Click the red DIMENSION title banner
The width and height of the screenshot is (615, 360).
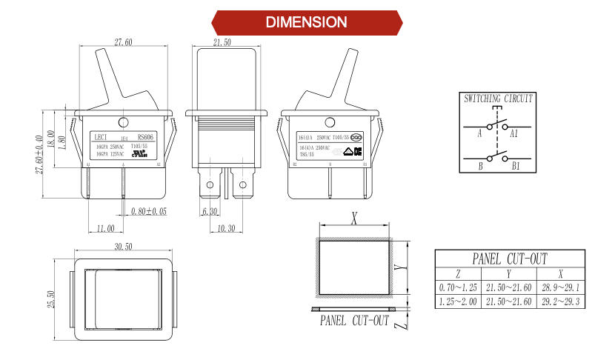(307, 22)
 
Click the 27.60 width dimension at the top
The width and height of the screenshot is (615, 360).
(123, 41)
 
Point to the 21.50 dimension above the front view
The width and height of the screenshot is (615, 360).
(222, 41)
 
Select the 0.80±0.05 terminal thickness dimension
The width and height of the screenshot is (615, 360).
(148, 212)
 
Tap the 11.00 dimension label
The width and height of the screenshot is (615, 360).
(105, 228)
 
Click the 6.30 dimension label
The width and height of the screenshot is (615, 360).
(209, 212)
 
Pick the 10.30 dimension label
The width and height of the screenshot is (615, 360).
(226, 228)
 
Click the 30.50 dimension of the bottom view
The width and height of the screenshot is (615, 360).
(123, 247)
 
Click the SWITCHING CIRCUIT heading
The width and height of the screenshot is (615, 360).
(498, 99)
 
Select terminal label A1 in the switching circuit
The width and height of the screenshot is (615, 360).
(514, 133)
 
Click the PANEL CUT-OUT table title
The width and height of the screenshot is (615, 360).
(509, 259)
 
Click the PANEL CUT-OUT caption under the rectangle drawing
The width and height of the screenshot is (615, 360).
(354, 321)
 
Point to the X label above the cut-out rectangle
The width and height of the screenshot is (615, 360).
(354, 218)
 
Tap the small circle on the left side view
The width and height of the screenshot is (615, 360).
(124, 121)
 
